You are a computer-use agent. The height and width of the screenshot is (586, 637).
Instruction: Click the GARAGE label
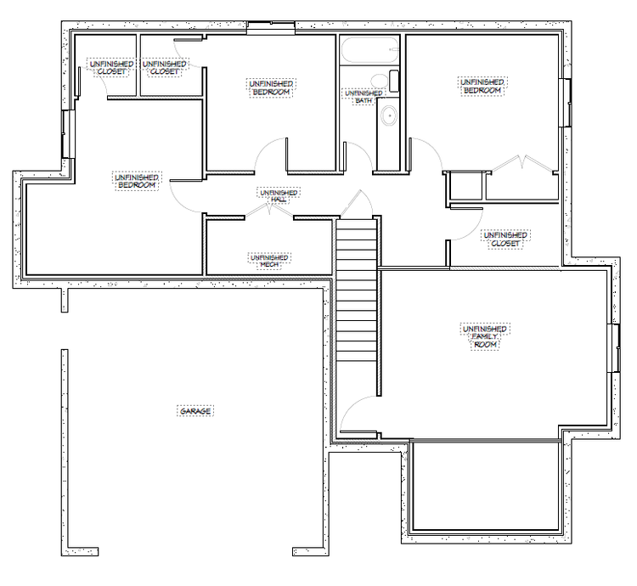[195, 411]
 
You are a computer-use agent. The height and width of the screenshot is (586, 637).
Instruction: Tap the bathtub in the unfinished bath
[369, 50]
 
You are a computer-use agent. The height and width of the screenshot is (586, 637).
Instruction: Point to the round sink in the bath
[389, 116]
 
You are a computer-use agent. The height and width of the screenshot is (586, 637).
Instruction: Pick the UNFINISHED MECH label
[269, 261]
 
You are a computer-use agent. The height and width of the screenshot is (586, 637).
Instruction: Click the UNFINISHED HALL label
[279, 195]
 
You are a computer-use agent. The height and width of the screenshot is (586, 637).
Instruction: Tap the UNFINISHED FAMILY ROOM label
[485, 336]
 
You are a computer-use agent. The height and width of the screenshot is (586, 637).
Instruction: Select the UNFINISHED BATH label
[364, 97]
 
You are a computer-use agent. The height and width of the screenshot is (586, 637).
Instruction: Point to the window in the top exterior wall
[271, 28]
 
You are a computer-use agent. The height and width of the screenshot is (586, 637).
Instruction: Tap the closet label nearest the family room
[505, 239]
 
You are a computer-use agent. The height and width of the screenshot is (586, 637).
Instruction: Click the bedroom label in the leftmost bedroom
[137, 181]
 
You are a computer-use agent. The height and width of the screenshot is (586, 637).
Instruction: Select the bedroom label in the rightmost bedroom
[482, 86]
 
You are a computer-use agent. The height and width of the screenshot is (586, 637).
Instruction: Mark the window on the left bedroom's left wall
[68, 134]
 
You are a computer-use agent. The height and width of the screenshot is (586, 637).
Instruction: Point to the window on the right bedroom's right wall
[565, 103]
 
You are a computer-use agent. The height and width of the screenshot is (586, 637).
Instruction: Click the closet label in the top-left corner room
[112, 67]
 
